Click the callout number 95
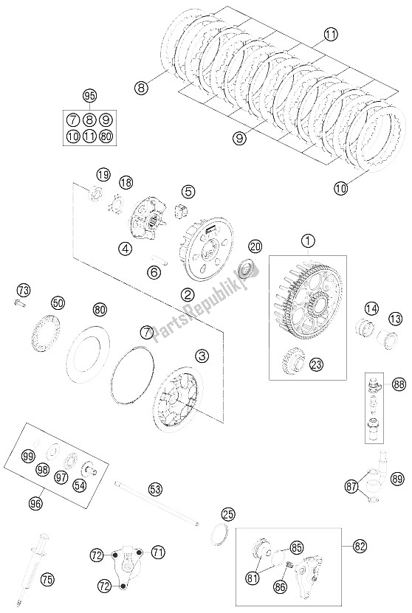point(89,96)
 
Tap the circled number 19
point(103,175)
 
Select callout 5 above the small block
point(188,192)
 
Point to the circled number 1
point(308,240)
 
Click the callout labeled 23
point(317,364)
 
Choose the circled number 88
point(399,384)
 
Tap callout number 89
point(397,479)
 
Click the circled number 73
point(24,291)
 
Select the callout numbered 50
point(58,303)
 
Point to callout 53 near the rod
point(156,489)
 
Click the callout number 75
point(47,579)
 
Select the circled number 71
point(158,553)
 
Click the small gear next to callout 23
point(292,361)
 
